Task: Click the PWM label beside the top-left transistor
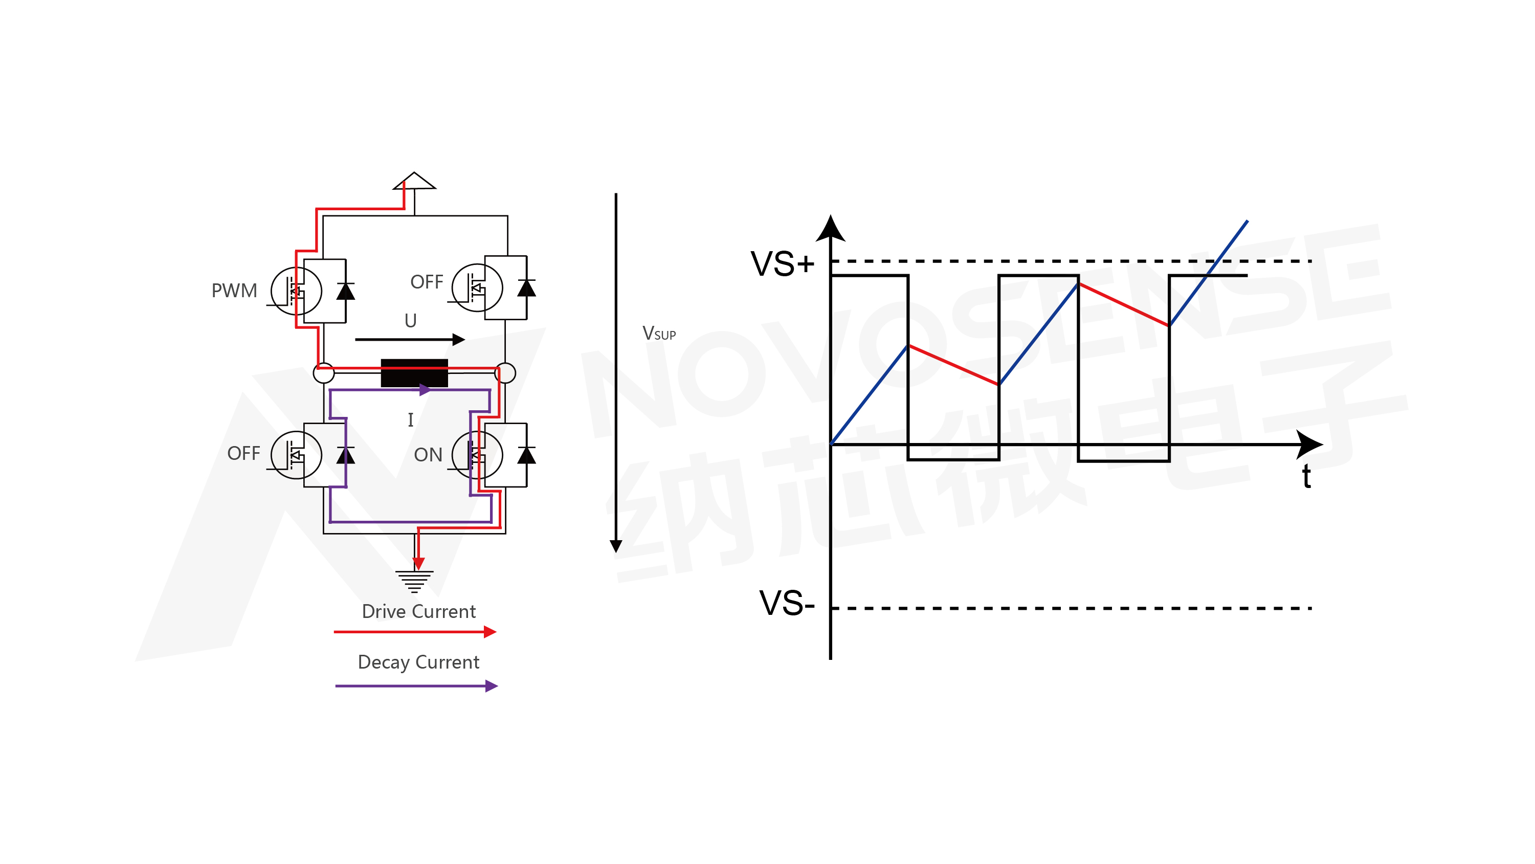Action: click(x=234, y=291)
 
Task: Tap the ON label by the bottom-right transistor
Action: click(x=428, y=455)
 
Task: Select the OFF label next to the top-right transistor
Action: click(x=427, y=282)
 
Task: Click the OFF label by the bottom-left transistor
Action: click(x=243, y=453)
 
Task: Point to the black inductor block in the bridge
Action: click(x=414, y=373)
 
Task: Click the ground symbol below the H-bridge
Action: click(x=415, y=581)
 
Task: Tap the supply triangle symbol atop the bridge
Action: click(x=414, y=181)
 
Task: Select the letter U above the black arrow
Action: click(x=411, y=321)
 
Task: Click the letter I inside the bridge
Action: click(x=411, y=420)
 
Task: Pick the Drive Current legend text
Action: click(x=418, y=612)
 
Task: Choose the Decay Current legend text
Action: click(x=418, y=662)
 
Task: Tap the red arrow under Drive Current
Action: click(x=415, y=632)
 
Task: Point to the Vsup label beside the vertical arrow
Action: click(x=658, y=334)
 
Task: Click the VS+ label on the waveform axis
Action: click(x=782, y=264)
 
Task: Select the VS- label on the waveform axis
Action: click(x=787, y=603)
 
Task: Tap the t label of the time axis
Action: click(x=1306, y=477)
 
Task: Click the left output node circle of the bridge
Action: click(x=324, y=373)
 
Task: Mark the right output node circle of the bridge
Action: click(x=505, y=373)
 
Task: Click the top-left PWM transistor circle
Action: click(x=296, y=291)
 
